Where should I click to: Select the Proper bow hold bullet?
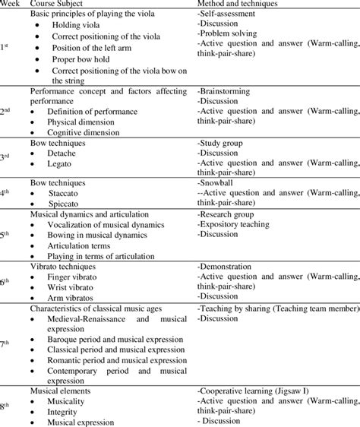(80, 60)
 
